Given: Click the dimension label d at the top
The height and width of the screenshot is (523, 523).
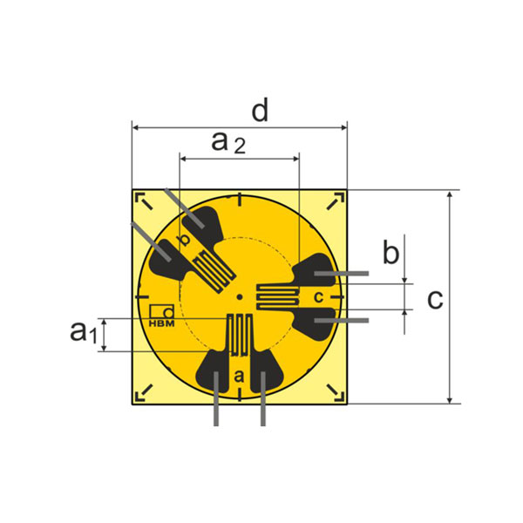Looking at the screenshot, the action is click(260, 112).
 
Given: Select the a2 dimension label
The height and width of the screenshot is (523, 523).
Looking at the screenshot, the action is click(228, 143).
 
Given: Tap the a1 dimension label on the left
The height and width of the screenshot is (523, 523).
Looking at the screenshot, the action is click(84, 331).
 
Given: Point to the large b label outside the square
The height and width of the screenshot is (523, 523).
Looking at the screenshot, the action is click(391, 252).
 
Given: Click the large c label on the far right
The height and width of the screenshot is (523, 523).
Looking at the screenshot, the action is click(435, 299).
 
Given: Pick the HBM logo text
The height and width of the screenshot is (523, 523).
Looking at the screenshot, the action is click(162, 323).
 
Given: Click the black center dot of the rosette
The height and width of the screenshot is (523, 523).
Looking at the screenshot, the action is click(239, 297).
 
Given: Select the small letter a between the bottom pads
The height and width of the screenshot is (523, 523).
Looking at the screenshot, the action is click(239, 376).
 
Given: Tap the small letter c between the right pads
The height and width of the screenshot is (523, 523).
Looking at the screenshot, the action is click(318, 296).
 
